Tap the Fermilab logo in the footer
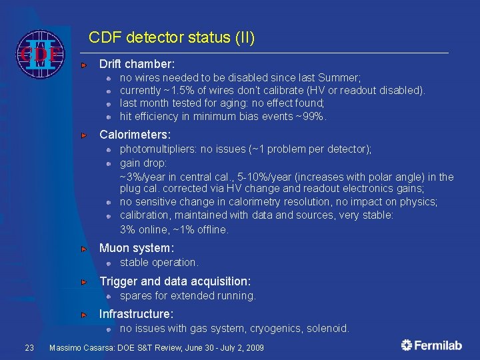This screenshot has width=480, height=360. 432,345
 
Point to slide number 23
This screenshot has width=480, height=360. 29,347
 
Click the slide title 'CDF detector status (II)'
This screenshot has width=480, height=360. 171,37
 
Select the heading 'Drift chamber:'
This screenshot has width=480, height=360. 137,64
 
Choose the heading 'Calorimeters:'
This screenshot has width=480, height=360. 135,135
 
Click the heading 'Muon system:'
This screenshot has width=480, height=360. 136,248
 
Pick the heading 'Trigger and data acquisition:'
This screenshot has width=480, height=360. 175,281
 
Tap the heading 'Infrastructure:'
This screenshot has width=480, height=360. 136,313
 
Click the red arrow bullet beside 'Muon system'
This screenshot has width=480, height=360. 84,249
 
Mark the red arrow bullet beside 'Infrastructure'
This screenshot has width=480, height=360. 84,314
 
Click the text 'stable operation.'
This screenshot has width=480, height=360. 159,263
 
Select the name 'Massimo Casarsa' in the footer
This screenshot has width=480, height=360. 83,348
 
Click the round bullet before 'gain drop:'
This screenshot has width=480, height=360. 108,163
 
